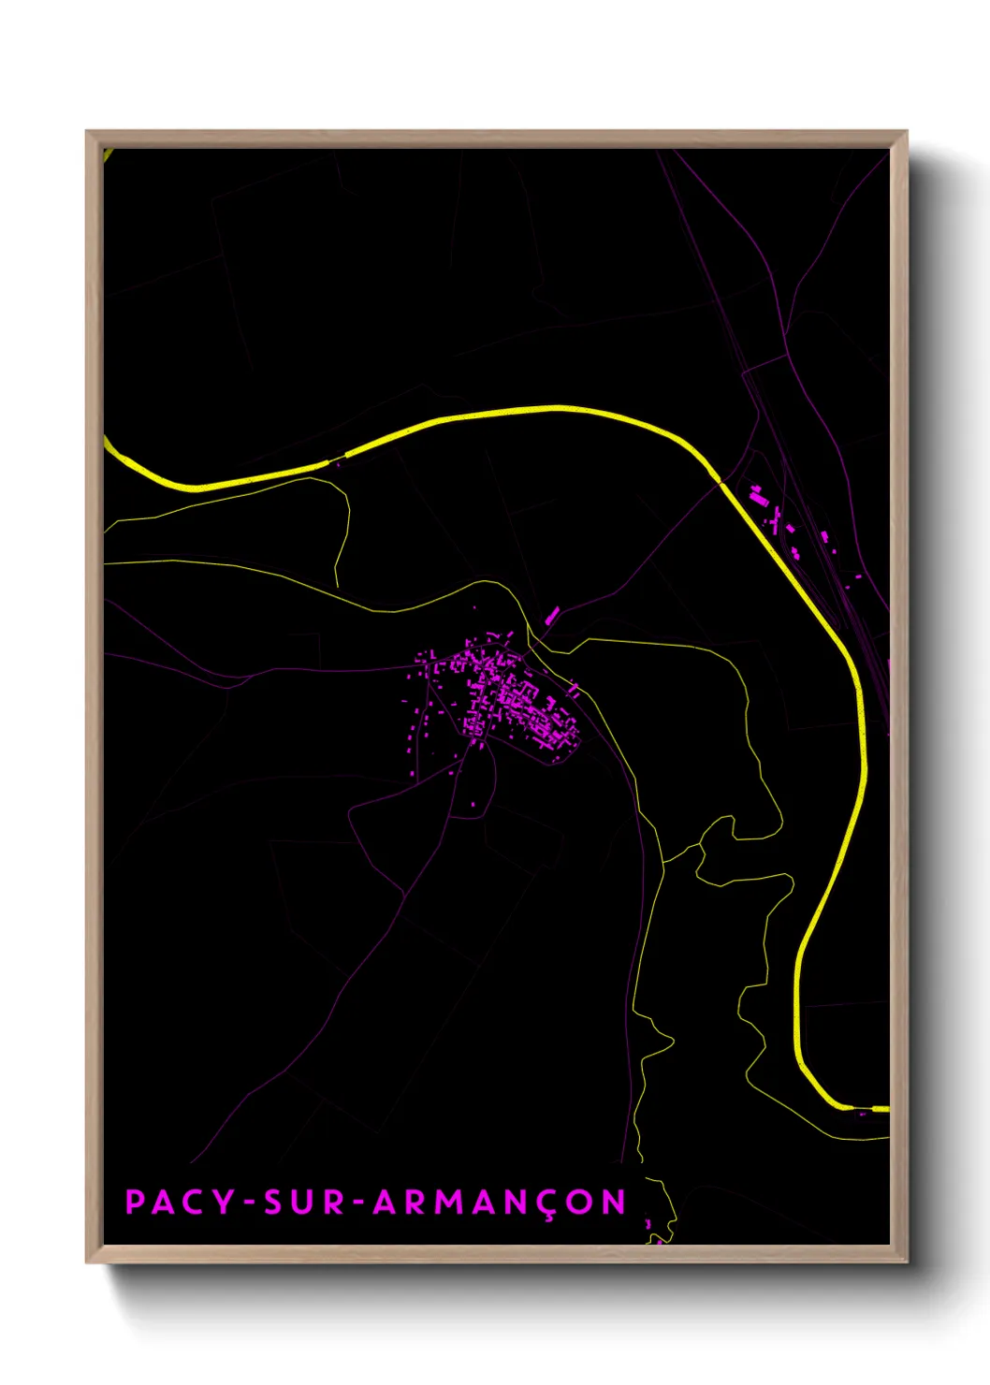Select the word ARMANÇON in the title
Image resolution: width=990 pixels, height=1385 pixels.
tap(499, 1203)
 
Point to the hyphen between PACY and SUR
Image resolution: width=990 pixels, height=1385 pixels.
tap(249, 1203)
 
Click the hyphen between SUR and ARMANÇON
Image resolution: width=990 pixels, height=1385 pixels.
tap(358, 1203)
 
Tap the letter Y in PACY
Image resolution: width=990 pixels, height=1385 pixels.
tap(226, 1203)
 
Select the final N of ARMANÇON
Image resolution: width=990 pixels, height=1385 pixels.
tap(615, 1203)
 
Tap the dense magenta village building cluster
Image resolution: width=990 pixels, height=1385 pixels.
tap(510, 697)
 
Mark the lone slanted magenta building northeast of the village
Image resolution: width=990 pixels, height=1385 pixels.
tap(552, 615)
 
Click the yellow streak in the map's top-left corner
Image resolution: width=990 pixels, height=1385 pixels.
tap(109, 155)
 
